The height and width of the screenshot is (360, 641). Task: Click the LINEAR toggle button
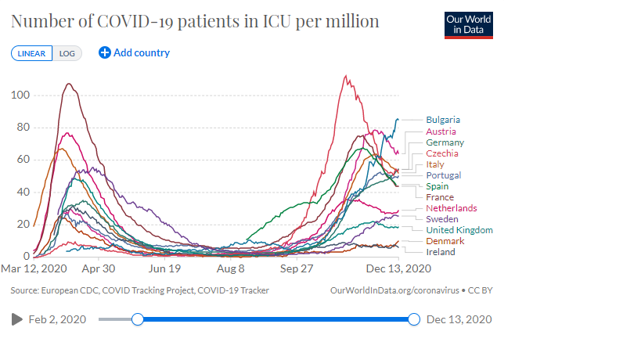click(32, 53)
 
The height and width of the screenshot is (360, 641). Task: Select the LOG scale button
click(67, 53)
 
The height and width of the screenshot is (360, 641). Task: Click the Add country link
click(134, 53)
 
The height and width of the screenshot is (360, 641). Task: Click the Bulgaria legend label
click(443, 120)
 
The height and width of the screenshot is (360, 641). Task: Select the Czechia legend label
click(442, 153)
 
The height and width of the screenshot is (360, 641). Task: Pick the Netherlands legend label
click(451, 208)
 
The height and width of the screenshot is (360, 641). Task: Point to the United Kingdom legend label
click(459, 230)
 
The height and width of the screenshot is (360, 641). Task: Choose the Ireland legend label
click(441, 252)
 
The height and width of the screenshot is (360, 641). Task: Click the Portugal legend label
click(444, 175)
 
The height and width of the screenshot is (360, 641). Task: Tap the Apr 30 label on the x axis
click(99, 268)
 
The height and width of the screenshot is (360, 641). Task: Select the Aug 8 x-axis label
click(230, 268)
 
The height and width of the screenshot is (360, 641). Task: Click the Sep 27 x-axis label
click(297, 268)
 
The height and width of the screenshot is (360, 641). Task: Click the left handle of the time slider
click(138, 319)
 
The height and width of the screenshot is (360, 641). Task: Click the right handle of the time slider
click(414, 319)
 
